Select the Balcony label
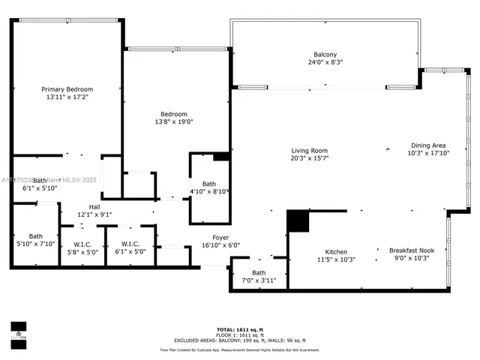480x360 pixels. tap(325, 54)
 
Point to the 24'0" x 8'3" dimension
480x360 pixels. tap(325, 62)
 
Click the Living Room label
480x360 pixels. tap(310, 150)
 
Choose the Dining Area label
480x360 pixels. tap(428, 145)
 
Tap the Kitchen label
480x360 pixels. tap(335, 251)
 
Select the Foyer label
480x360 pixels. tap(209, 237)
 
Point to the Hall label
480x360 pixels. tap(94, 207)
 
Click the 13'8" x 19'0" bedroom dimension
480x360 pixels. tap(174, 122)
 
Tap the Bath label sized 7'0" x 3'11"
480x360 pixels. tap(259, 273)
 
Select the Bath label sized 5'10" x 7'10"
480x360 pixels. tap(36, 236)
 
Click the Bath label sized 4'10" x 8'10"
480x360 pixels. tap(208, 184)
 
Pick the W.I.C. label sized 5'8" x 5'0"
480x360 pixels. tap(82, 244)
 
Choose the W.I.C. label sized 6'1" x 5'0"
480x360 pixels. tap(130, 244)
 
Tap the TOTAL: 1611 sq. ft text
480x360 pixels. tap(240, 329)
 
